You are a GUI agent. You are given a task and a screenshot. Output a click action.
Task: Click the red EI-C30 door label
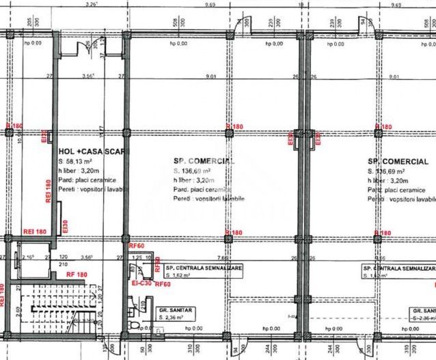click(141, 282)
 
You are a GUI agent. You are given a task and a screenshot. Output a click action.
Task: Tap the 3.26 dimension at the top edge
click(90, 3)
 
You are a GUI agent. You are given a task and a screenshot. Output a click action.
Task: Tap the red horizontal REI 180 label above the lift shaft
click(34, 233)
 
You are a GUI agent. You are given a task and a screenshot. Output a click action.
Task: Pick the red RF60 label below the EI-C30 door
click(163, 283)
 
